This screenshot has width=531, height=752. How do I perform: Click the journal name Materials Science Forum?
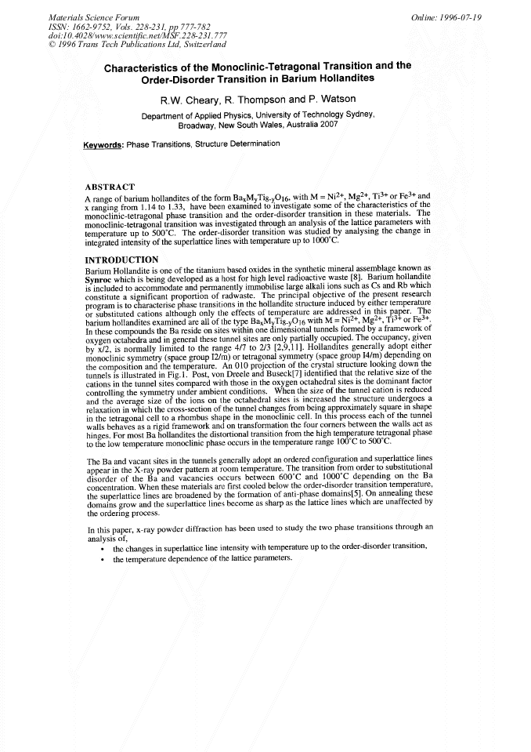coord(94,17)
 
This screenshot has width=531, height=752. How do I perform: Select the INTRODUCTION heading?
coord(121,259)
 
